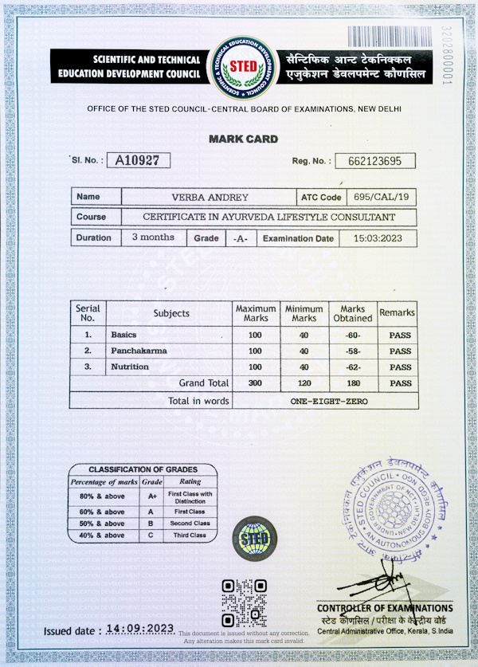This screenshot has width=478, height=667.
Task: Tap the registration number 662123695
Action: [x=374, y=161]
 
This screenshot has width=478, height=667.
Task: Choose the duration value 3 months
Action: [x=152, y=237]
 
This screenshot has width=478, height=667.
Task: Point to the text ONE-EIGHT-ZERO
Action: [x=329, y=401]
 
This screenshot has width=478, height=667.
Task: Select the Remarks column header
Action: [x=397, y=313]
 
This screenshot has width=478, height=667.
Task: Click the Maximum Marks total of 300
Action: [x=255, y=383]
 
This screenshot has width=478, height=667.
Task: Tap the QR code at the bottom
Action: [x=243, y=603]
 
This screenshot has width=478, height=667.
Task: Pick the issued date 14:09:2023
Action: [x=140, y=630]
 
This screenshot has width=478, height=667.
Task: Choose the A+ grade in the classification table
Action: [x=150, y=496]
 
